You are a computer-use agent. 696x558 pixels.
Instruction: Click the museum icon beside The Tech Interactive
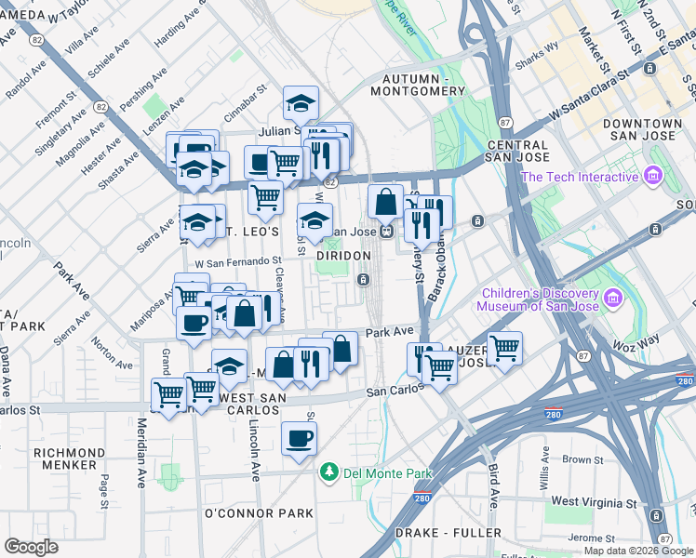tap(652, 176)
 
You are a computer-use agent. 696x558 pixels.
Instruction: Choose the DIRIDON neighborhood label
tap(343, 255)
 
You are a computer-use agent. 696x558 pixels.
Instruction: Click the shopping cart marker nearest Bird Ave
tap(504, 350)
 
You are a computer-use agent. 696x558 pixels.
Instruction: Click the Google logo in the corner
tap(32, 547)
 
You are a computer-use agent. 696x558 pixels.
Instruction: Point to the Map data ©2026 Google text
tap(637, 551)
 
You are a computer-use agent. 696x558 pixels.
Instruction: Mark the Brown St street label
tap(582, 459)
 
